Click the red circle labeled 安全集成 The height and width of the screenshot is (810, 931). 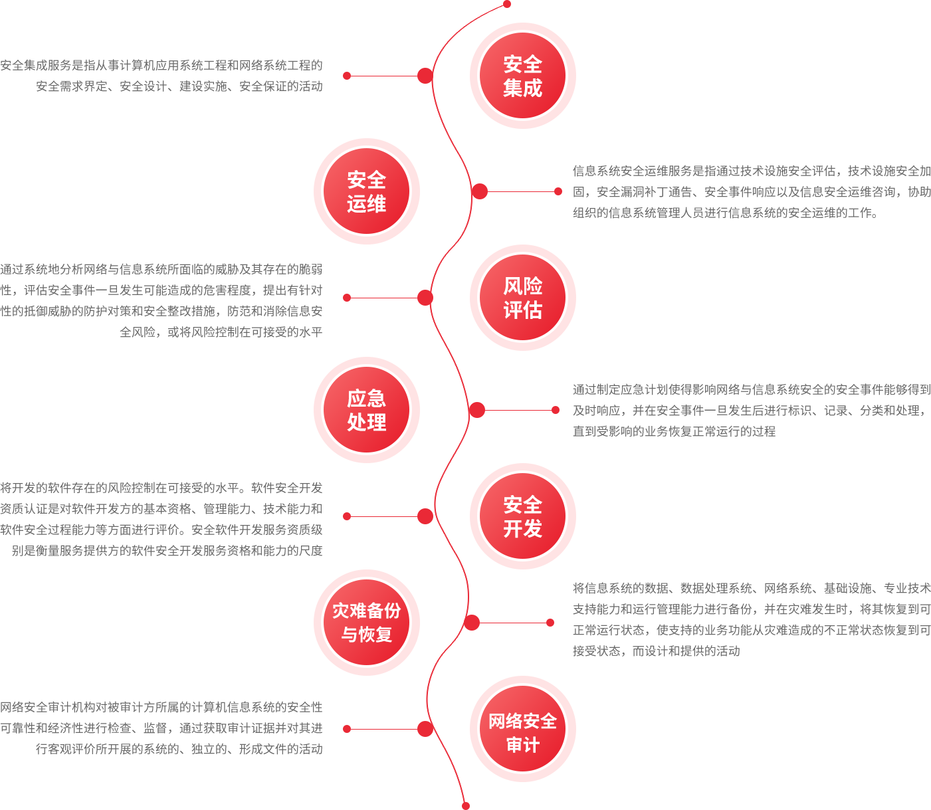522,76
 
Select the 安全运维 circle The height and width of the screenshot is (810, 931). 366,191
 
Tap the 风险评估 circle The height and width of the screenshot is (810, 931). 522,298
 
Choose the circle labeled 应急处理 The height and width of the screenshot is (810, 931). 366,409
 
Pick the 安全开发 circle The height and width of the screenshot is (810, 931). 522,516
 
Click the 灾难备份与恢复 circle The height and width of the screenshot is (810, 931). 366,622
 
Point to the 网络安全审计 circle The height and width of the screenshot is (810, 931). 522,729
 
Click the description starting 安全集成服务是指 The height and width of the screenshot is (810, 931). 161,75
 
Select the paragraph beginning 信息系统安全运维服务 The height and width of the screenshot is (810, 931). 751,191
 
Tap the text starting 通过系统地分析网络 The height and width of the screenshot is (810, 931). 161,300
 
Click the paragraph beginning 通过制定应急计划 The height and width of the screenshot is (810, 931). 751,410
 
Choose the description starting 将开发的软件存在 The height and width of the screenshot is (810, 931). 161,519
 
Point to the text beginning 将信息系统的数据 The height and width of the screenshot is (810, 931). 751,619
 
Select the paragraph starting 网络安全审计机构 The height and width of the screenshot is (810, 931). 161,728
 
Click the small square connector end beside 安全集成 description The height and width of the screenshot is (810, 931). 346,76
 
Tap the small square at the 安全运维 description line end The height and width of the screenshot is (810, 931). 558,191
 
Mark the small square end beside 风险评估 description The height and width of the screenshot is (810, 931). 346,297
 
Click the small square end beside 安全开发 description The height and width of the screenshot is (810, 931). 346,516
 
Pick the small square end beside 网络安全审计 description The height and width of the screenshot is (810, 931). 346,728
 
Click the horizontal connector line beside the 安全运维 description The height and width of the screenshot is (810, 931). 521,191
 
